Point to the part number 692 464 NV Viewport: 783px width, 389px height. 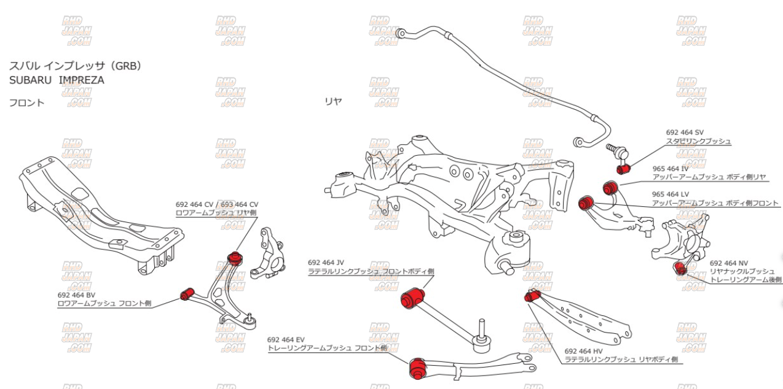(x=730, y=263)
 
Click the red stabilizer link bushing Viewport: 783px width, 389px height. (x=623, y=168)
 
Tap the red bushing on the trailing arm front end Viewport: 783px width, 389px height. (x=418, y=366)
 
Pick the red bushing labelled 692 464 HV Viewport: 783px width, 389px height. (x=531, y=296)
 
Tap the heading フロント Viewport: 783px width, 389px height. (x=26, y=102)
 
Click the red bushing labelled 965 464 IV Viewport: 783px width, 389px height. (x=611, y=185)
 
